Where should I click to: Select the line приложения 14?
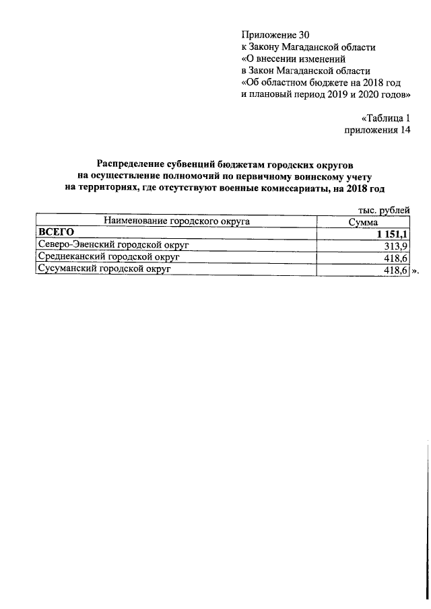[377, 131]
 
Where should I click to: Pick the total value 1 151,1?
[390, 234]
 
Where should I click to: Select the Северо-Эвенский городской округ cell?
[113, 245]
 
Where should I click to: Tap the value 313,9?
[397, 246]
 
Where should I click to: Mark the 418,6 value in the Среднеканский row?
[397, 258]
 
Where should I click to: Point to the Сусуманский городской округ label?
[105, 269]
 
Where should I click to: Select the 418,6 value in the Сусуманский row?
[397, 270]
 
